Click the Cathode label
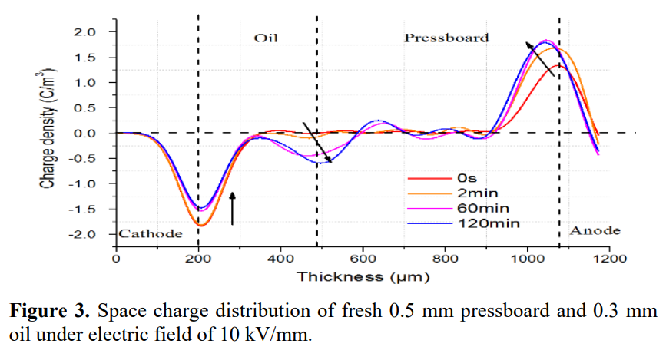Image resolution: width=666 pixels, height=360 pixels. pos(151,233)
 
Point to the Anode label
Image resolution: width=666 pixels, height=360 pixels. pos(595,231)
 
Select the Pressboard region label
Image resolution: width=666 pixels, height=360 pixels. pos(446,38)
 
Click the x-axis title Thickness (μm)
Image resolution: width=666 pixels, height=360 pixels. pos(363,276)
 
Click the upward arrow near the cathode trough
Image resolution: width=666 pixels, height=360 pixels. pos(233,208)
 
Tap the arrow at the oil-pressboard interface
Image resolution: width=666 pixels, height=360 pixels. pos(316,143)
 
